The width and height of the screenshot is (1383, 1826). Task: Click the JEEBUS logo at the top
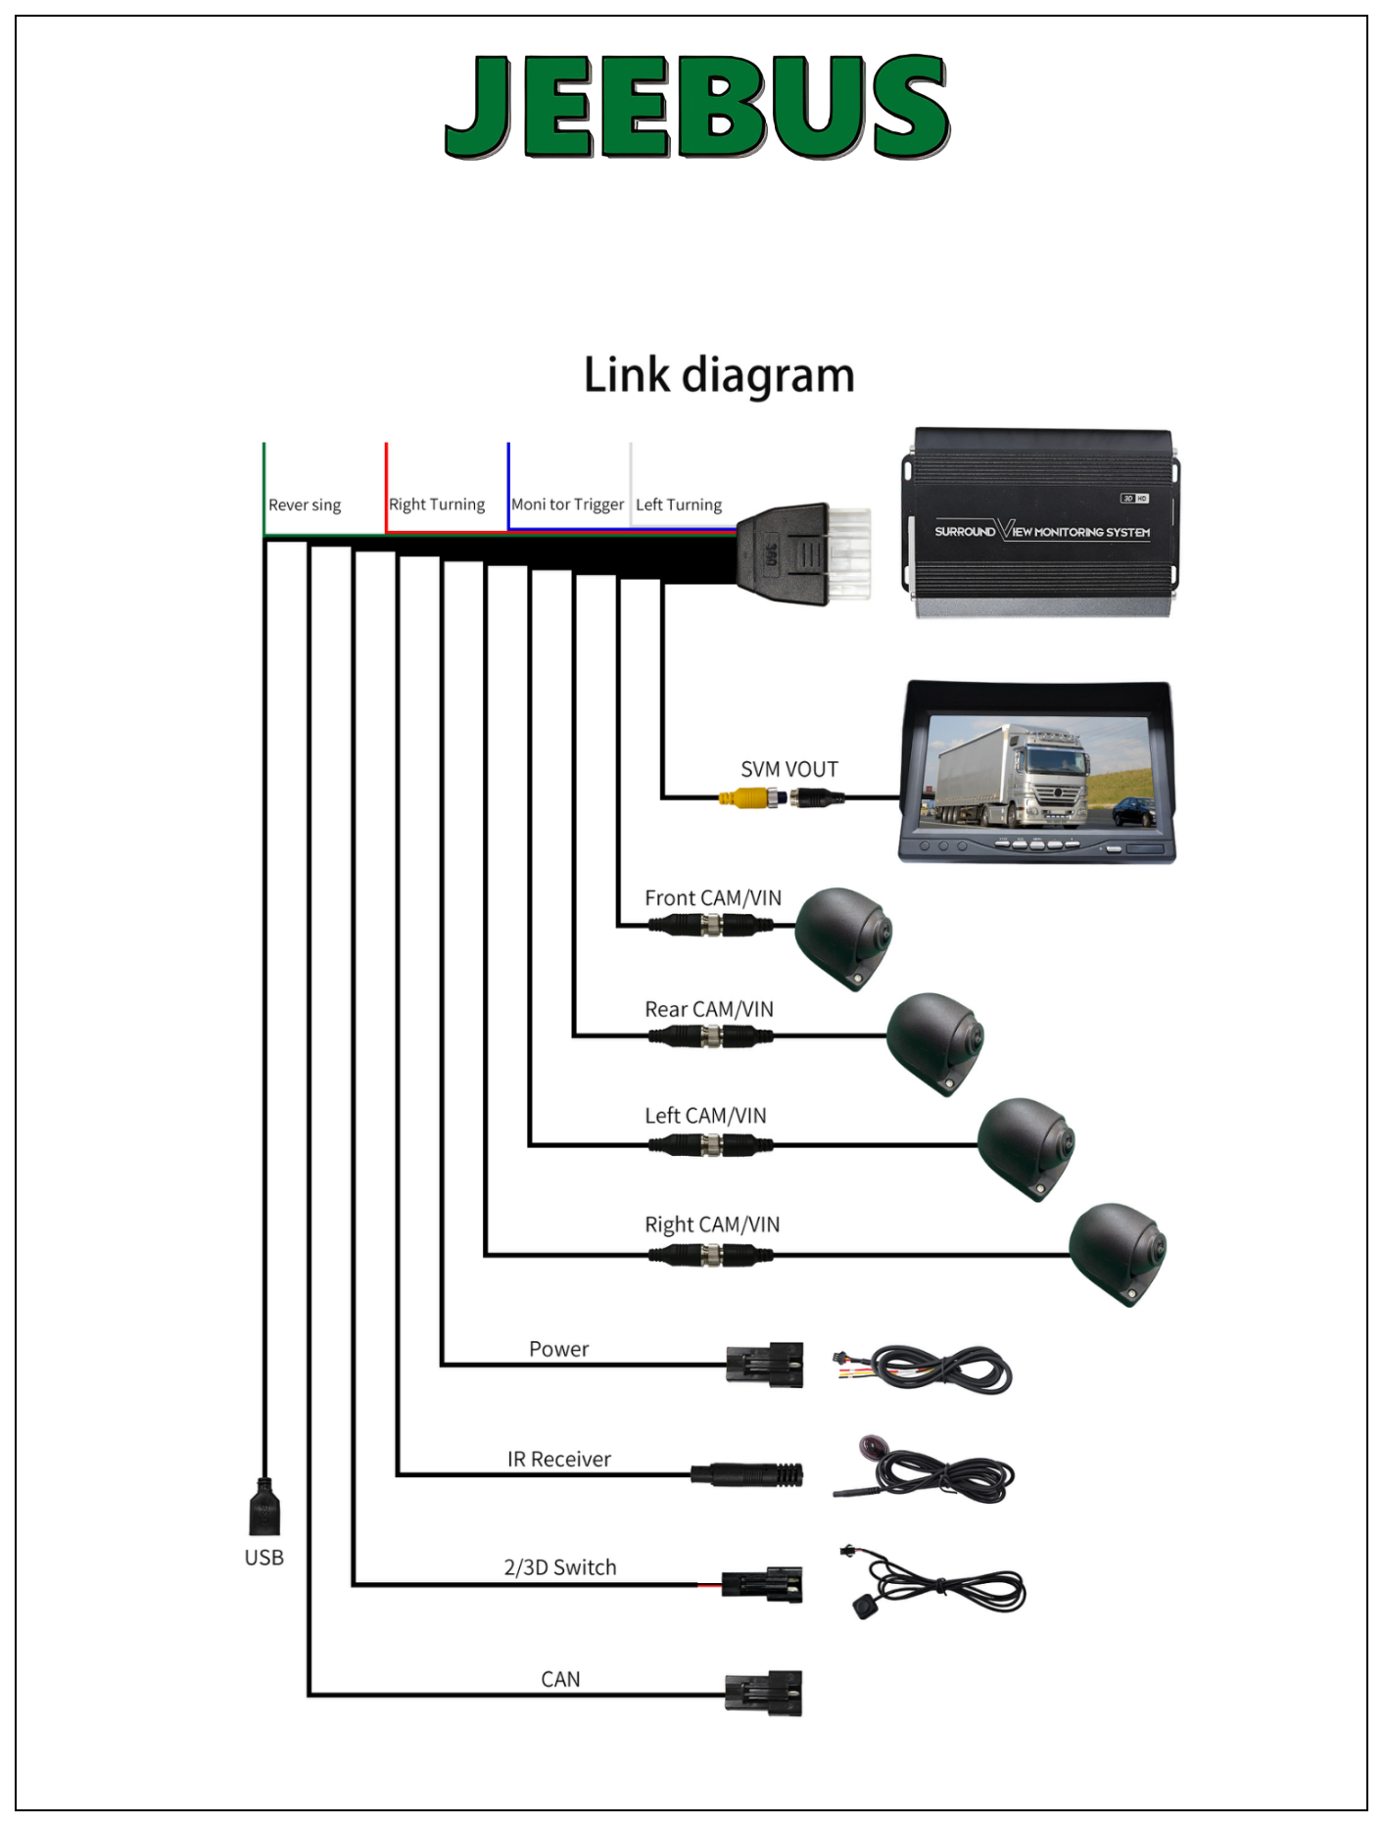click(x=696, y=106)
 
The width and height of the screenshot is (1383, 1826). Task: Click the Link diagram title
click(x=719, y=375)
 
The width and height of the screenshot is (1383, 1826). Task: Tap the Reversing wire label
click(x=305, y=505)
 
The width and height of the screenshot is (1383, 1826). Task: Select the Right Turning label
click(x=437, y=505)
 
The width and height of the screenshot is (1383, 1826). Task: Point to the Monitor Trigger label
click(x=567, y=505)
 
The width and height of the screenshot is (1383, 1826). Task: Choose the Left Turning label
click(x=679, y=505)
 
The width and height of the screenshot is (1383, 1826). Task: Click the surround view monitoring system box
click(x=1040, y=524)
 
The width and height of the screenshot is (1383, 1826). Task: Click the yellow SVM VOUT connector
click(x=743, y=798)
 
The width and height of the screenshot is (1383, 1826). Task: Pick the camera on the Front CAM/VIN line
click(x=842, y=936)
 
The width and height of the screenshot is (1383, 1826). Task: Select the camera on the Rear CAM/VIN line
click(x=934, y=1040)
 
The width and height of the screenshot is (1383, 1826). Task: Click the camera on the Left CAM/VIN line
click(x=1025, y=1146)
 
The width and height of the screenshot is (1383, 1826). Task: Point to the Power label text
click(x=558, y=1349)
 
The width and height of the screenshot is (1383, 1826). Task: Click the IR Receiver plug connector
click(x=747, y=1474)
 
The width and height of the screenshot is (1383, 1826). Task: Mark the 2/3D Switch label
click(x=560, y=1567)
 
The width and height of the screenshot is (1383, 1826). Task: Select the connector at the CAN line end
click(x=764, y=1693)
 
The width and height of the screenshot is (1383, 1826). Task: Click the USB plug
click(x=264, y=1509)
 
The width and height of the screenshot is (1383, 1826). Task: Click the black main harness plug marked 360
click(x=783, y=554)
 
